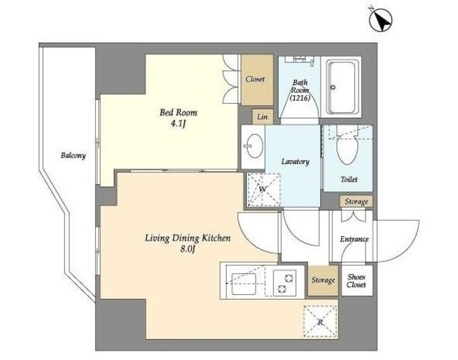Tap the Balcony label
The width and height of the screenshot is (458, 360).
(73, 155)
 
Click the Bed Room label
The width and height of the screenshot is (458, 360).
(178, 112)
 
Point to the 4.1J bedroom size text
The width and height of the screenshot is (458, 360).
(178, 124)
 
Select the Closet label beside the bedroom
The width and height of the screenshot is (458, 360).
(255, 79)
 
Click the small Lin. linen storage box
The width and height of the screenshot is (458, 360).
(263, 117)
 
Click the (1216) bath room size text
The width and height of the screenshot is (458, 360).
(300, 98)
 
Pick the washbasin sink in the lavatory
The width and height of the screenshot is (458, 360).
(254, 146)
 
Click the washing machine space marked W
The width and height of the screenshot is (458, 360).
(263, 190)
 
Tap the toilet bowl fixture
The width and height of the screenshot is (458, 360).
(347, 146)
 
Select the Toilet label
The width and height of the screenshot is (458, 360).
(349, 180)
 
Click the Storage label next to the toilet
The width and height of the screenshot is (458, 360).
(356, 201)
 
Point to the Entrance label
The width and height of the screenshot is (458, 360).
(354, 239)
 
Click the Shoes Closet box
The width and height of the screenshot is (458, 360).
(357, 281)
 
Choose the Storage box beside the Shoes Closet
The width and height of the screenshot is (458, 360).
(323, 281)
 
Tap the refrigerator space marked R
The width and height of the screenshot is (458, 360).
(320, 322)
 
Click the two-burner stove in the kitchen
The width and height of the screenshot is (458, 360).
(285, 283)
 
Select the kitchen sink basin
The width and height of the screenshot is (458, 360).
(243, 284)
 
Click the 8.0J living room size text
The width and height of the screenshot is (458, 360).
(187, 250)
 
